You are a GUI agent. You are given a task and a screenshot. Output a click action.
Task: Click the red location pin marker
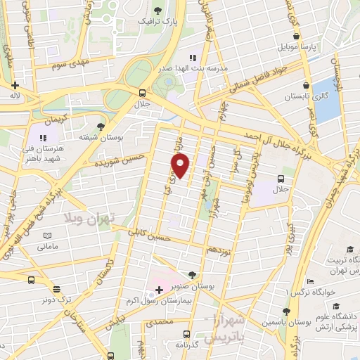point(181,165)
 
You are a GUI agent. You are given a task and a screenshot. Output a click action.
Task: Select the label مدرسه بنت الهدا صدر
point(211,70)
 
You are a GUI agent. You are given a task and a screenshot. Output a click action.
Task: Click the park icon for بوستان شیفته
point(101,127)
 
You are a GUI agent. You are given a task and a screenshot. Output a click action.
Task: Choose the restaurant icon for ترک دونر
point(56,288)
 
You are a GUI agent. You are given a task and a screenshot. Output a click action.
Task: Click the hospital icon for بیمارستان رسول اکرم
point(158,289)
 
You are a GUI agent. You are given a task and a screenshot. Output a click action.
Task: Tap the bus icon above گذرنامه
point(186,334)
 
